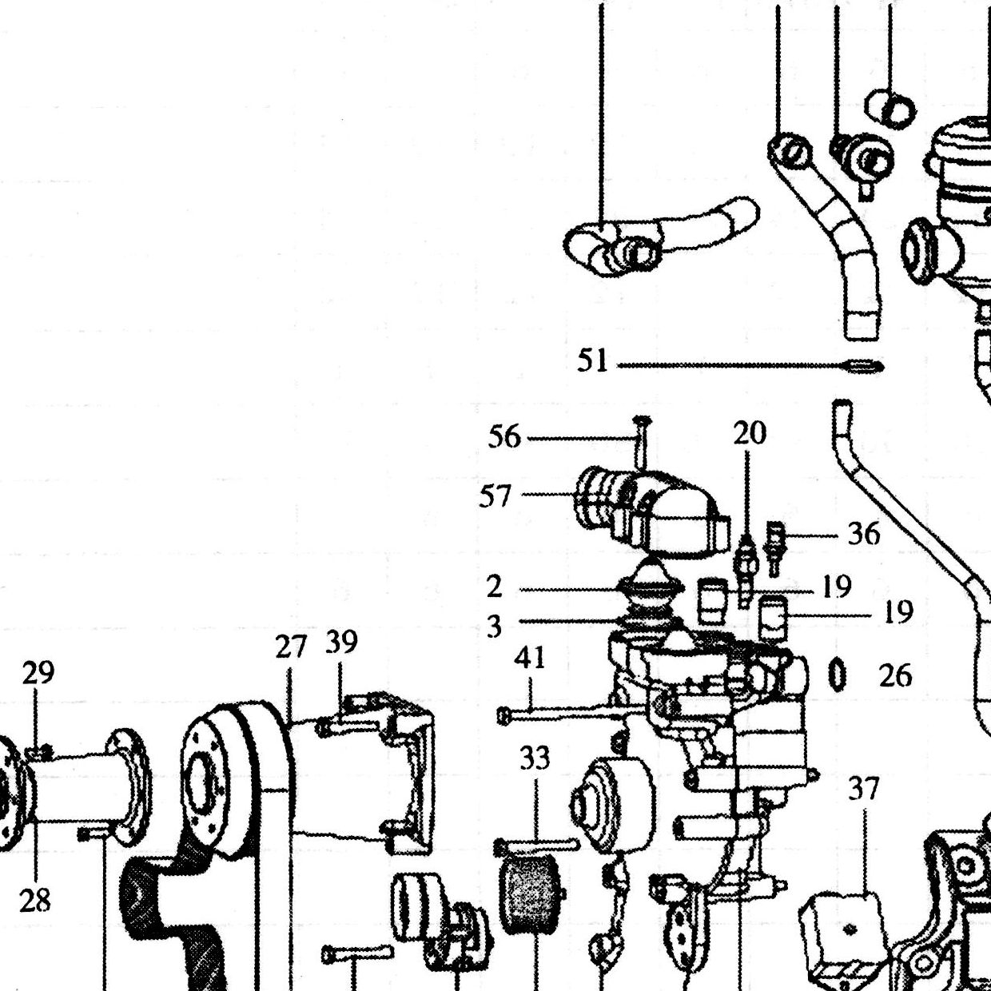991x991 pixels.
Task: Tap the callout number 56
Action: click(504, 438)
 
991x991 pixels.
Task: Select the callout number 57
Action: click(495, 496)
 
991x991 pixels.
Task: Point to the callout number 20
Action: click(750, 432)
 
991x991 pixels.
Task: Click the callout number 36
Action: click(864, 535)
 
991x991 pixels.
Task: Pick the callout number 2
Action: click(494, 587)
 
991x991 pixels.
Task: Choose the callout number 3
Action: click(494, 627)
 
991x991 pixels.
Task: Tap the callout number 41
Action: click(530, 658)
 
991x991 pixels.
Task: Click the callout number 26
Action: click(895, 675)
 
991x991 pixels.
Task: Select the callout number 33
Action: click(535, 758)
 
